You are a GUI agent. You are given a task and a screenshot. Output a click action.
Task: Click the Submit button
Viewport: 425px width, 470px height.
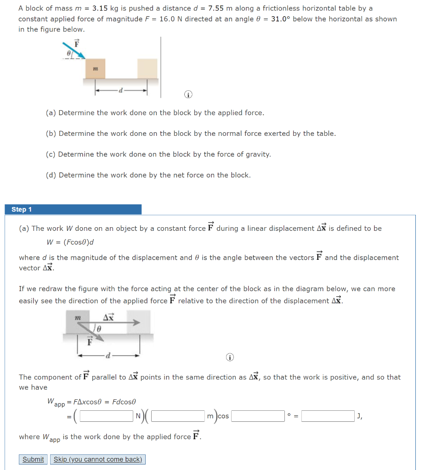coord(34,459)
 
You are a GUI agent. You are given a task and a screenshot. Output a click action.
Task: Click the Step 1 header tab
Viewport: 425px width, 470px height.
coord(73,209)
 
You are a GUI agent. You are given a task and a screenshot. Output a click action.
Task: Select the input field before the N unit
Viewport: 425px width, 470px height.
coord(106,416)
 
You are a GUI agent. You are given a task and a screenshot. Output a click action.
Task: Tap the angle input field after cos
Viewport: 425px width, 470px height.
coord(257,416)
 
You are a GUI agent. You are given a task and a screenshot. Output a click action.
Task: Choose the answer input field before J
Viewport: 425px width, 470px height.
coord(328,416)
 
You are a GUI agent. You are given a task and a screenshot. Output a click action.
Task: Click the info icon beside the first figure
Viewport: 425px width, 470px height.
coord(187,95)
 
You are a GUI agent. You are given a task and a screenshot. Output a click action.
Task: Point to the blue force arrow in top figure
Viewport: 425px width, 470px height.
coord(74,50)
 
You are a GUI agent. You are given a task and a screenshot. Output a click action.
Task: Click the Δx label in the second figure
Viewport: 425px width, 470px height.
coord(108,317)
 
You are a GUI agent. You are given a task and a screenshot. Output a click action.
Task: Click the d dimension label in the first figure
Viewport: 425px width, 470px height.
coord(120,90)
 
